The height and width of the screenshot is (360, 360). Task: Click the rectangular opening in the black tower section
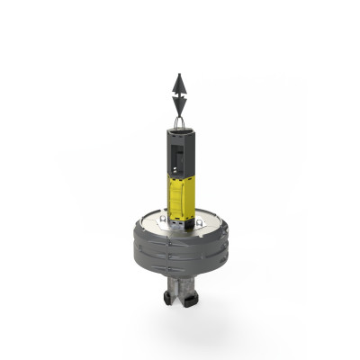pyautogui.click(x=178, y=162)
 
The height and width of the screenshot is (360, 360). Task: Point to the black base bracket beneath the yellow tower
pyautogui.click(x=180, y=218)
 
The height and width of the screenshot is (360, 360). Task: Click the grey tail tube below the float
pyautogui.click(x=180, y=283)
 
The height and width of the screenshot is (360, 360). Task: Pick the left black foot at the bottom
pyautogui.click(x=168, y=296)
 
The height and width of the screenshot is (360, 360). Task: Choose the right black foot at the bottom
pyautogui.click(x=192, y=296)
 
